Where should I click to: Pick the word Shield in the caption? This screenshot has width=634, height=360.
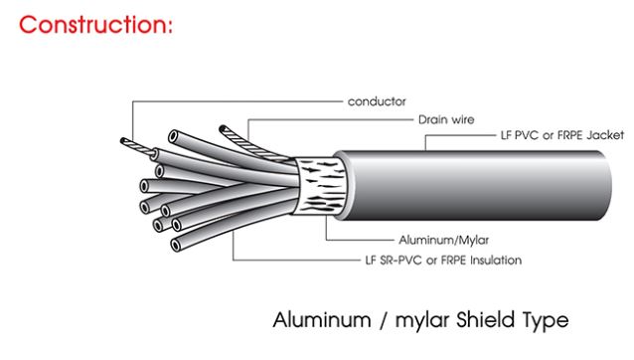pyautogui.click(x=471, y=321)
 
